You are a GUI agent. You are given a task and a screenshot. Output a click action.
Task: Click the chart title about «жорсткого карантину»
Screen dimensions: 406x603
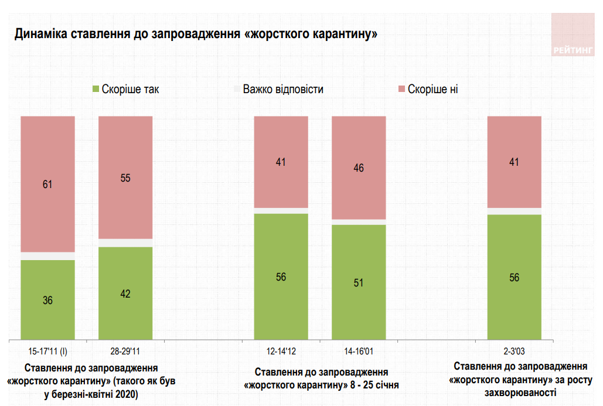[196, 33]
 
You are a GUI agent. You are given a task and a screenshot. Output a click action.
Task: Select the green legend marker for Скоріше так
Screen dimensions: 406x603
[96, 90]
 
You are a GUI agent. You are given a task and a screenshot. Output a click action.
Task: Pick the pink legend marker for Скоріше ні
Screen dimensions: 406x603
[401, 90]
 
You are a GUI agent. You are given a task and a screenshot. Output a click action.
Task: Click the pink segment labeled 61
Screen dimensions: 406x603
[48, 184]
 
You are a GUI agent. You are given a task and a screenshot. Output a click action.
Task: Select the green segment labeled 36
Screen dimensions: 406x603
[48, 299]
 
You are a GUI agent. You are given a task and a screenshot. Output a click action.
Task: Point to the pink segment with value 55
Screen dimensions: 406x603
[125, 178]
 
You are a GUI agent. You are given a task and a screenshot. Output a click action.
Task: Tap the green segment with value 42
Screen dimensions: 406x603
[125, 293]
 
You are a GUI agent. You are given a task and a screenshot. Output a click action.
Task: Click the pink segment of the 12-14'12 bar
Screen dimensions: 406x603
[281, 162]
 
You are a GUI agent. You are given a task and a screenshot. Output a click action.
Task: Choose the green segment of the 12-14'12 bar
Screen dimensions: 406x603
[281, 277]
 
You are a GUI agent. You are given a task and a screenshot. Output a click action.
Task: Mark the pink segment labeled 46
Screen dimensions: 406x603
[359, 168]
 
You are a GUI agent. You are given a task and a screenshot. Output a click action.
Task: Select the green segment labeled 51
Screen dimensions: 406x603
[359, 282]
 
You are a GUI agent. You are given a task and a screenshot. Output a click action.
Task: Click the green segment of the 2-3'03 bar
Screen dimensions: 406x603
[514, 277]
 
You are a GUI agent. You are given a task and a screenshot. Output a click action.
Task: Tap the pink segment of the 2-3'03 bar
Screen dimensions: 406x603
[514, 162]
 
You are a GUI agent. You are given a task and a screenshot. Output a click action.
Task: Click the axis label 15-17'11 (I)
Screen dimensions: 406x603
[48, 352]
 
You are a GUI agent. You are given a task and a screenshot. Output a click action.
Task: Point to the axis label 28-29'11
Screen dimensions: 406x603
[125, 352]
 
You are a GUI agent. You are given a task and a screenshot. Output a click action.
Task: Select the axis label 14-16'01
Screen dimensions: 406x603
[359, 352]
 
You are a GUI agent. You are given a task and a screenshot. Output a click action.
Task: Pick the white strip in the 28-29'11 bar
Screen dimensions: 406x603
[125, 243]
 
